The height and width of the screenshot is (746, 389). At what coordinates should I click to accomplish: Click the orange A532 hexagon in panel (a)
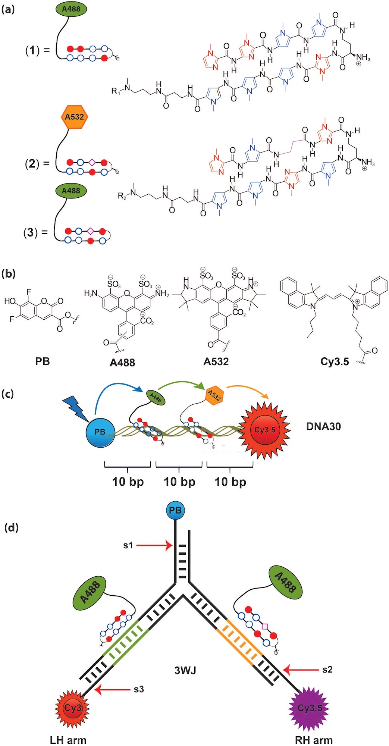[x=74, y=117]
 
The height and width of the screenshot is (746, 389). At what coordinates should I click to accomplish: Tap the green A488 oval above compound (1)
[x=71, y=9]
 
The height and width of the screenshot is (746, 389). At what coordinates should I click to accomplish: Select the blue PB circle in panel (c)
[x=100, y=432]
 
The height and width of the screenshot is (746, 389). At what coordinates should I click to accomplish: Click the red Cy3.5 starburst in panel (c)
[x=264, y=430]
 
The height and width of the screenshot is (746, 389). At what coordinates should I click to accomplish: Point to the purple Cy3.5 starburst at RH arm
[x=310, y=708]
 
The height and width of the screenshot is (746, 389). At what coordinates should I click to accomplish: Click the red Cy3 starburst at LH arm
[x=73, y=708]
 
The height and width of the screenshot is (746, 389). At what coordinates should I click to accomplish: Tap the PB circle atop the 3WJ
[x=175, y=510]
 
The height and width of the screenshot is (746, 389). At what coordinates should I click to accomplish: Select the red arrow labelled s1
[x=154, y=546]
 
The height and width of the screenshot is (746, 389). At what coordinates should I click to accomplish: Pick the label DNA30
[x=323, y=426]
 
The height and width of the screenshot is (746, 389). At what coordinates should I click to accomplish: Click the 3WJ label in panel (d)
[x=185, y=670]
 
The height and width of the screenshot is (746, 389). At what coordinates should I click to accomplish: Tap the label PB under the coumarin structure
[x=43, y=361]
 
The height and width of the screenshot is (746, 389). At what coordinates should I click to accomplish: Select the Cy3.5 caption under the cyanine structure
[x=335, y=361]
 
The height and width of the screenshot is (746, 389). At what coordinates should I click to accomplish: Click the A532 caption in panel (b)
[x=216, y=361]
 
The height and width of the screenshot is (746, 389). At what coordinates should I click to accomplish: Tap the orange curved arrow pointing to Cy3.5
[x=248, y=391]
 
